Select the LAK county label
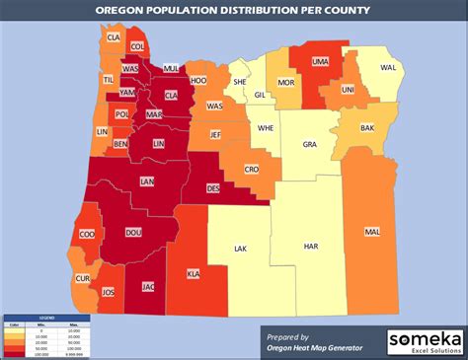pos(240,250)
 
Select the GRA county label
pos(309,143)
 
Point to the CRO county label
pos(251,170)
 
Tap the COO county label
pos(87,235)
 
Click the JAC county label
pos(149,287)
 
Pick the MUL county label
pos(170,68)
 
